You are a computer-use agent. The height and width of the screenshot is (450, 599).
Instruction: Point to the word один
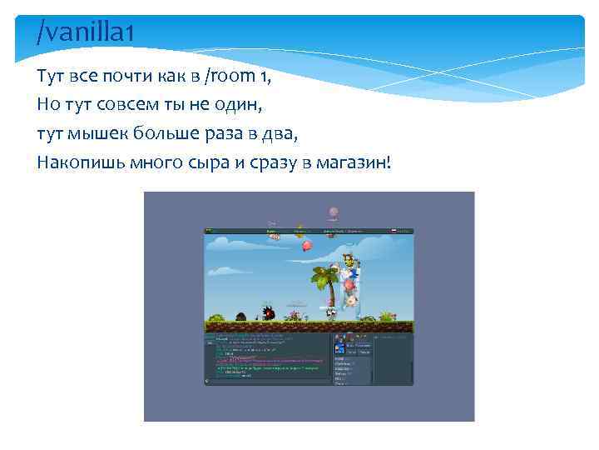coord(240,106)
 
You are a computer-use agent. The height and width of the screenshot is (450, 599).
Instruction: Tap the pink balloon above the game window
coord(334,213)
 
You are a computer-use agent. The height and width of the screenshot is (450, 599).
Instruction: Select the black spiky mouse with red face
coord(268,313)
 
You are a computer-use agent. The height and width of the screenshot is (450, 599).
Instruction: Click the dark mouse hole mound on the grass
coord(241,316)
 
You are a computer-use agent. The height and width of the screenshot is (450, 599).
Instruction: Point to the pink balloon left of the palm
coord(307,245)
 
